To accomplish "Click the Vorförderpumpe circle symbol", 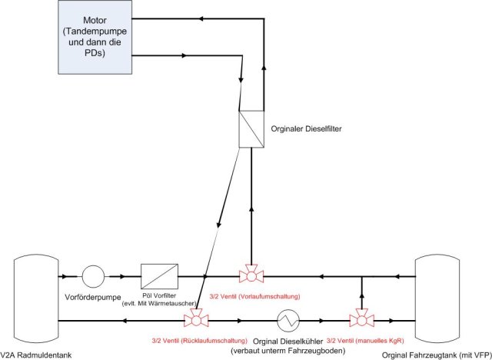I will point(94,275).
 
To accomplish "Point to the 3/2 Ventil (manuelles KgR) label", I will point(365,339).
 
